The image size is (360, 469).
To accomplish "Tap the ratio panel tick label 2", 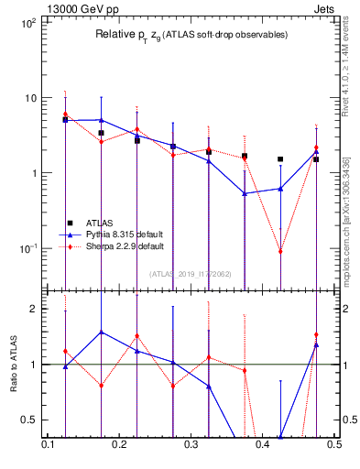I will (x=32, y=309).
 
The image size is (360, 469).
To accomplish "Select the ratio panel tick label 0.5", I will (x=28, y=420).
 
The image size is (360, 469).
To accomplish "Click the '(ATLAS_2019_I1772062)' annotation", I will (x=191, y=274).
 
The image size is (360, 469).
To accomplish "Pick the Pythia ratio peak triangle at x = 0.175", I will (x=101, y=332).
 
